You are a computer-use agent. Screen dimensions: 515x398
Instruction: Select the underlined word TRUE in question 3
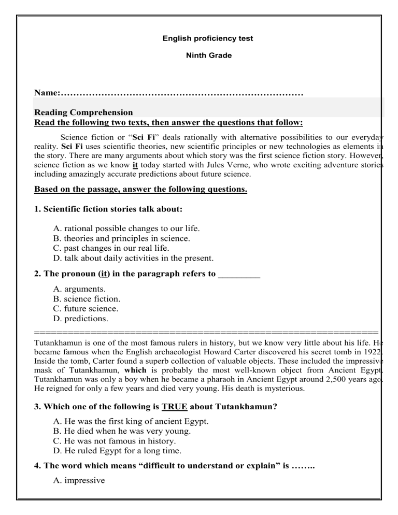(166, 407)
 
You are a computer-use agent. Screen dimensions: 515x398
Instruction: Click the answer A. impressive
(79, 481)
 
